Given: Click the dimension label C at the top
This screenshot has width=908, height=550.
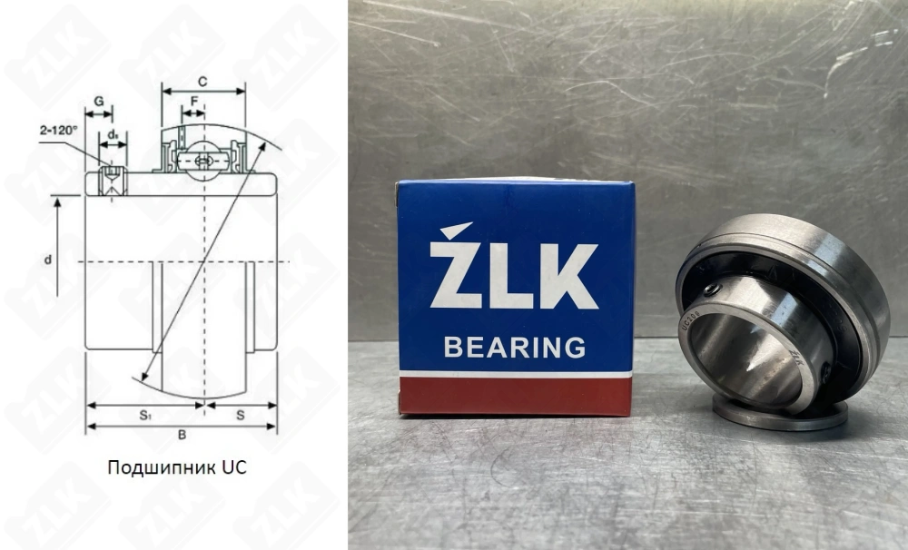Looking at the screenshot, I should pyautogui.click(x=202, y=82).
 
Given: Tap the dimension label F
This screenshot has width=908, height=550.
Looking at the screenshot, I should pyautogui.click(x=193, y=102).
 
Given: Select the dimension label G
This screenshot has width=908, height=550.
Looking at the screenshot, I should pyautogui.click(x=98, y=101).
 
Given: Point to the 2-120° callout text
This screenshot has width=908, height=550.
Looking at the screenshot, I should pyautogui.click(x=58, y=131).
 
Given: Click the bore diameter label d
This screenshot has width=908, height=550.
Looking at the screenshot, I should pyautogui.click(x=48, y=260).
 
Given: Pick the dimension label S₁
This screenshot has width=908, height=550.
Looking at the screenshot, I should pyautogui.click(x=144, y=415).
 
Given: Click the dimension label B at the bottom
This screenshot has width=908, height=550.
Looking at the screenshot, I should pyautogui.click(x=182, y=435).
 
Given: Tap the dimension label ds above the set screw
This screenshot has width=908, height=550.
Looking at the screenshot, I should pyautogui.click(x=113, y=134).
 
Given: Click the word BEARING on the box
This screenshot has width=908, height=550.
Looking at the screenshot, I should pyautogui.click(x=514, y=347).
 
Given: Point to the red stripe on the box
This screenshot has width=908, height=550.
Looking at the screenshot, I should pyautogui.click(x=515, y=396).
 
